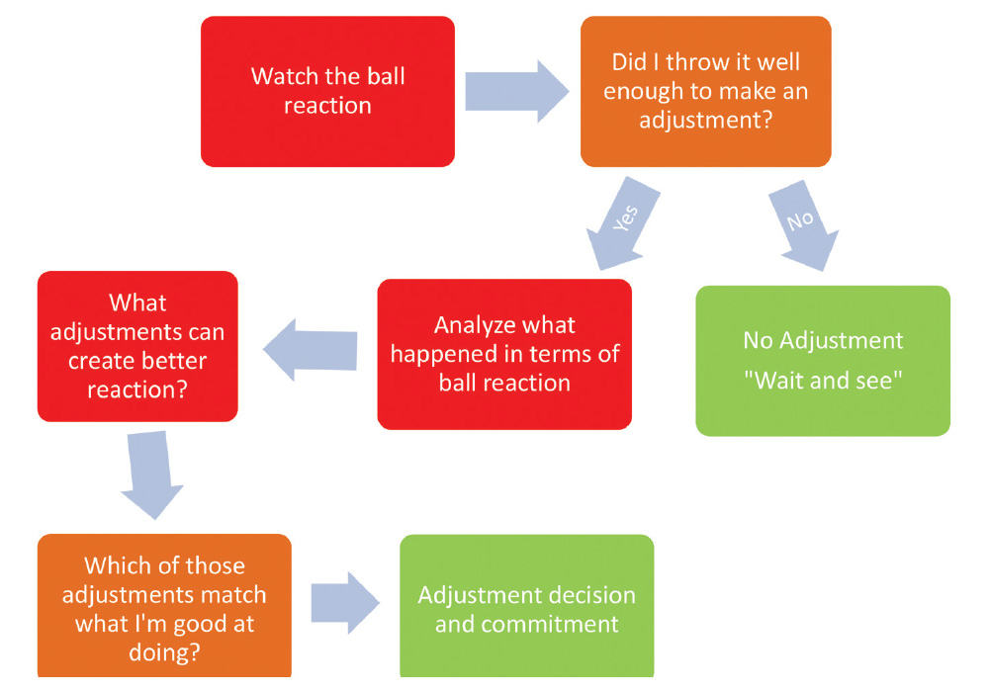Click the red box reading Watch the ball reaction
point(327,91)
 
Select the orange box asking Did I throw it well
point(705,91)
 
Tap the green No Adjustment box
point(823,361)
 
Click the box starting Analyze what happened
point(504,354)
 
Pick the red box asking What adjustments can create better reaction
point(137,346)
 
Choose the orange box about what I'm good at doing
point(164,605)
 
